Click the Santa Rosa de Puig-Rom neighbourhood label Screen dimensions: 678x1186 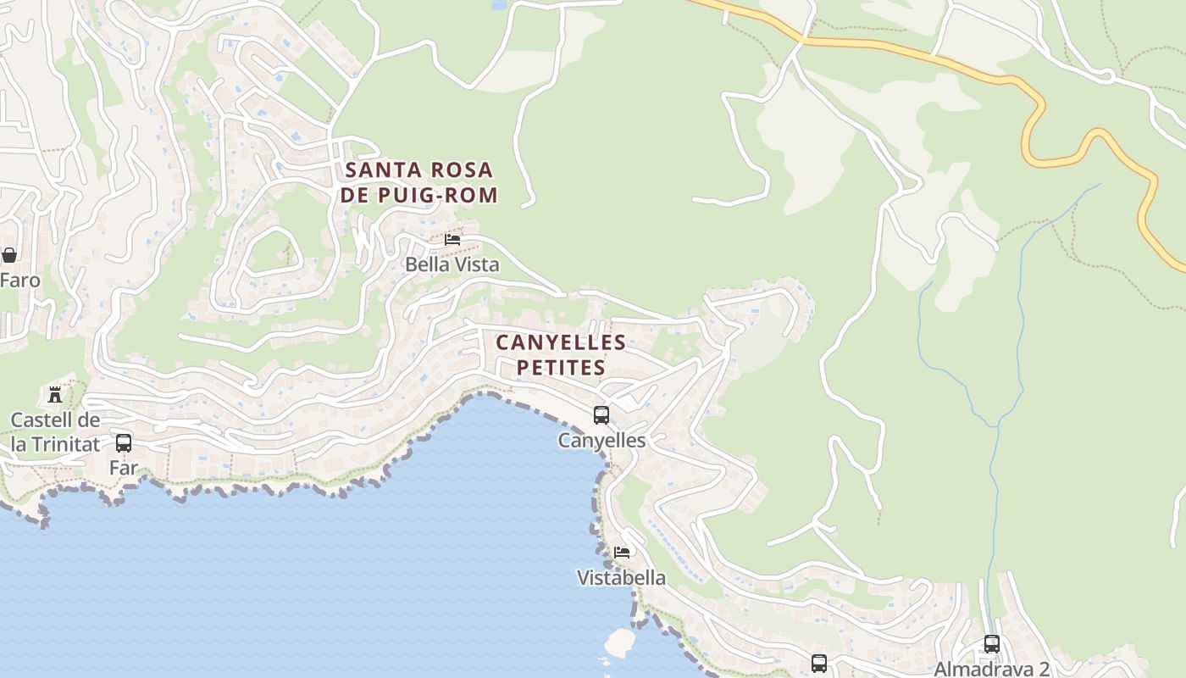419,182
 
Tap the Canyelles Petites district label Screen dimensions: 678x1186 561,355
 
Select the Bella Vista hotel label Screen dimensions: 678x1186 452,264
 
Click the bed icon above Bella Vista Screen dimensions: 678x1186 452,240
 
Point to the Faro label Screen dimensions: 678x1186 19,280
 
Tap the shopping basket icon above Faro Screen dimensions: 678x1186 9,255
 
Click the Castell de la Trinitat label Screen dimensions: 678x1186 55,432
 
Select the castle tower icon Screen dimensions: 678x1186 55,394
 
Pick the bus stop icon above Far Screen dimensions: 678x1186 124,442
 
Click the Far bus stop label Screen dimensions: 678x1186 124,467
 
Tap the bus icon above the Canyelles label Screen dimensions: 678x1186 601,415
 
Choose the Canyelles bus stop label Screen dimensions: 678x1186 601,441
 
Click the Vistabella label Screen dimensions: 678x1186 621,578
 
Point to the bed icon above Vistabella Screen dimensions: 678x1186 622,553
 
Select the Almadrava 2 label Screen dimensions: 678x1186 991,669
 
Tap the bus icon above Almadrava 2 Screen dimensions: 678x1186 992,644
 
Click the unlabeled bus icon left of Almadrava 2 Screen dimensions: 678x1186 819,664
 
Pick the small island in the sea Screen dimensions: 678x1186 619,642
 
